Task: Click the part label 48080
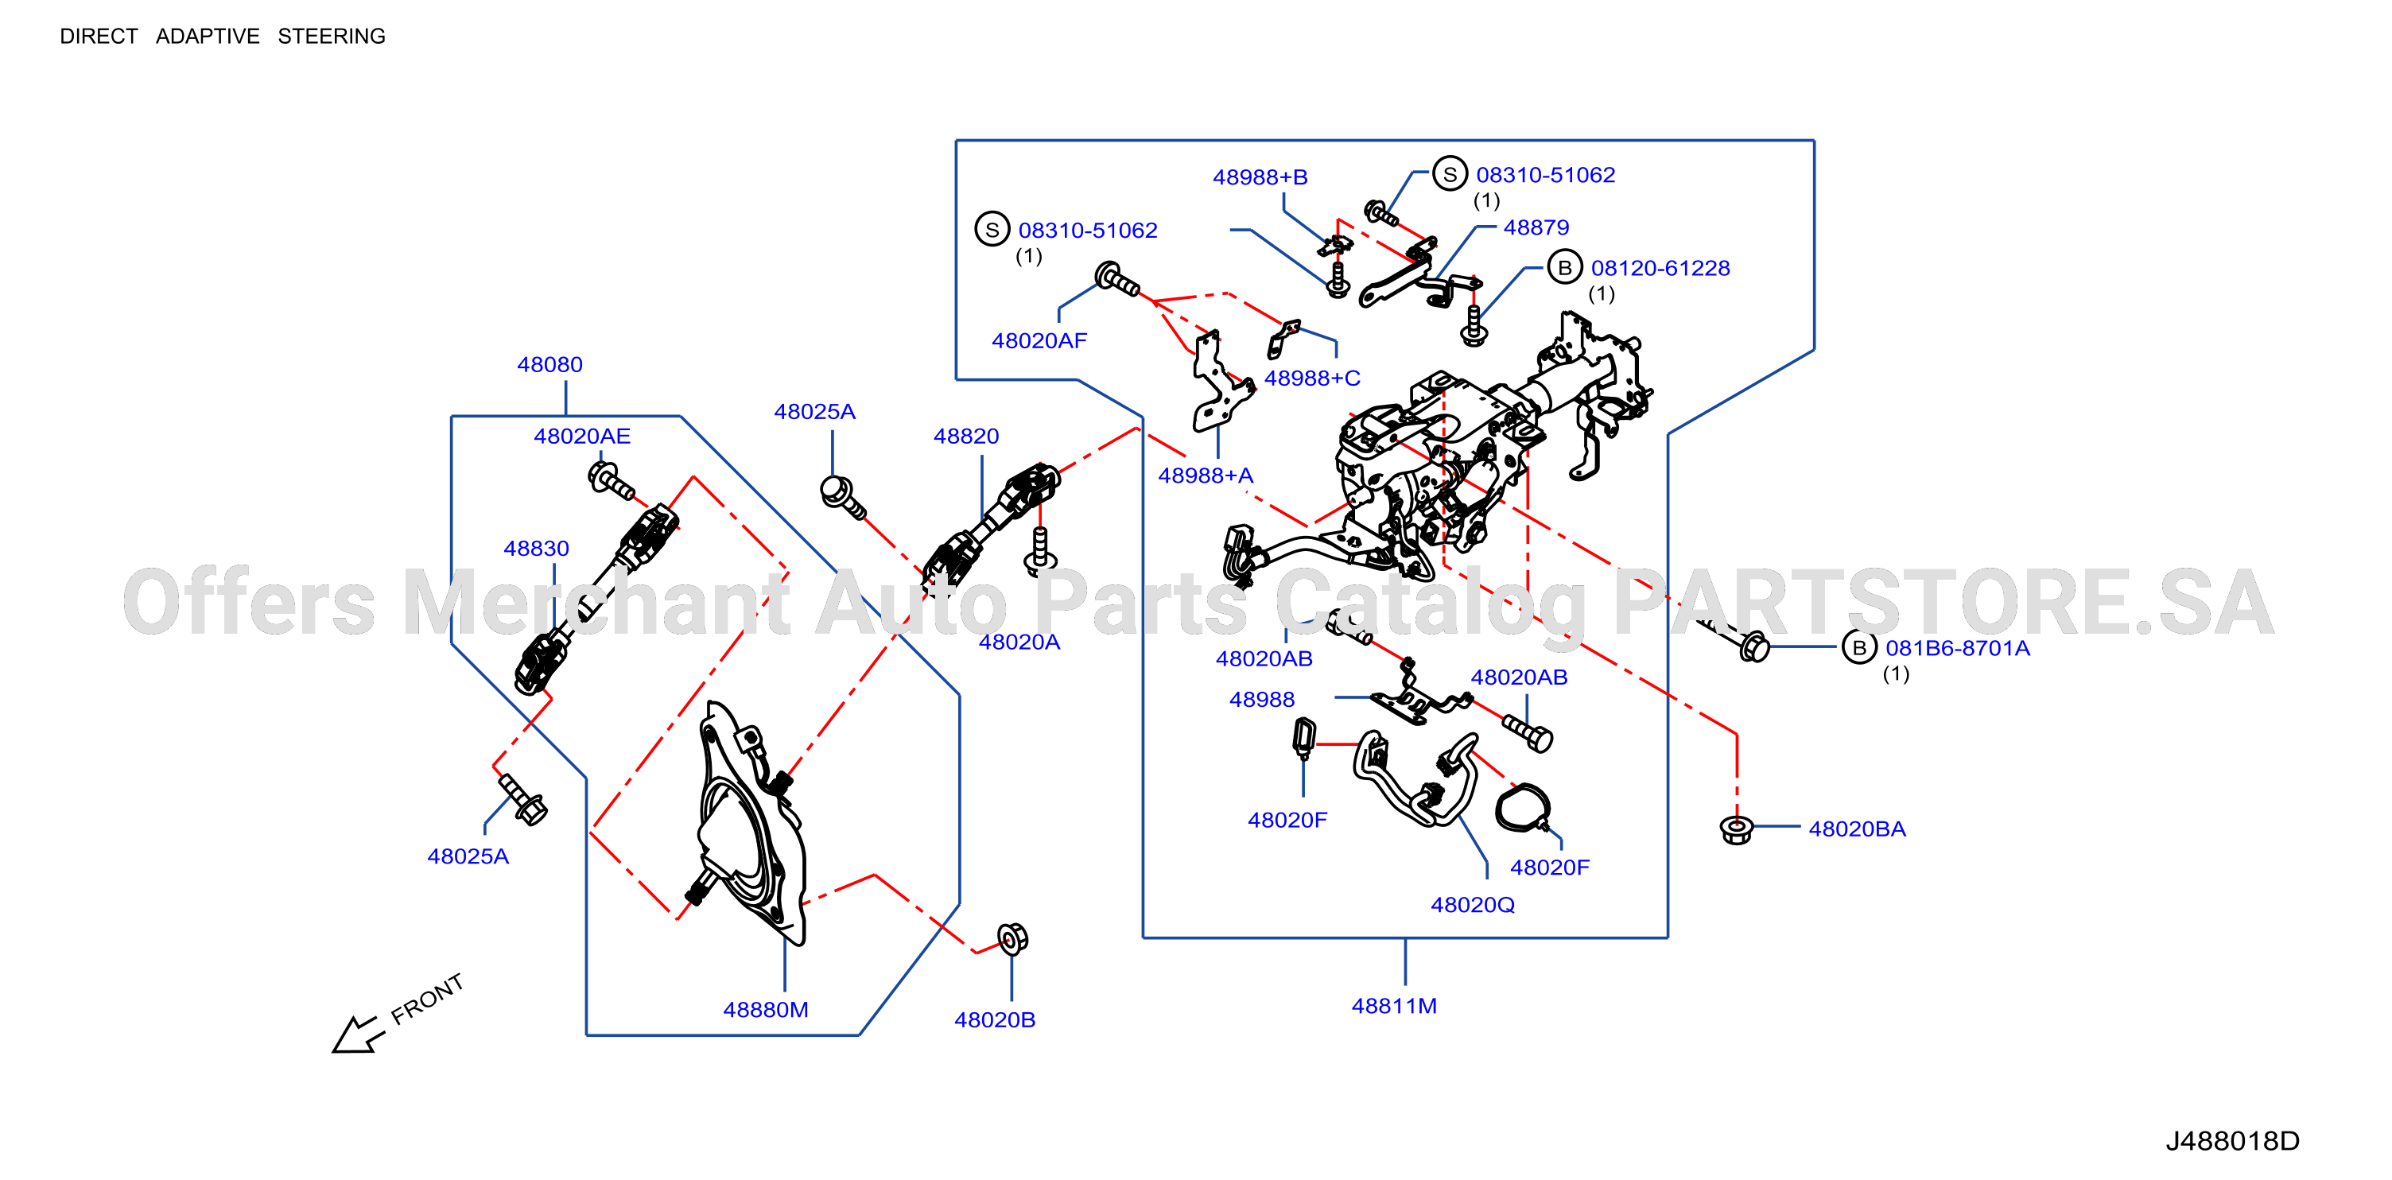[x=549, y=365]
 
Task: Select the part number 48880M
[x=765, y=1009]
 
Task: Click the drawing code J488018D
[x=2232, y=1141]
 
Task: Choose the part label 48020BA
[x=1857, y=829]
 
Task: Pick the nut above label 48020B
[x=1012, y=938]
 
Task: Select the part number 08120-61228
[x=1660, y=268]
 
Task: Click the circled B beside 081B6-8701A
[x=1859, y=647]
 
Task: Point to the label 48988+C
[x=1312, y=378]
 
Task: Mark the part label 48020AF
[x=1039, y=341]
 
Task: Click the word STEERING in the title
[x=332, y=37]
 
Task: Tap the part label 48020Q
[x=1473, y=904]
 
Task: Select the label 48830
[x=536, y=549]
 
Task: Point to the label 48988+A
[x=1206, y=475]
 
